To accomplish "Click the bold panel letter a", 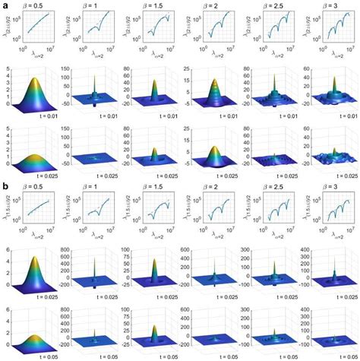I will click(x=5, y=5).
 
